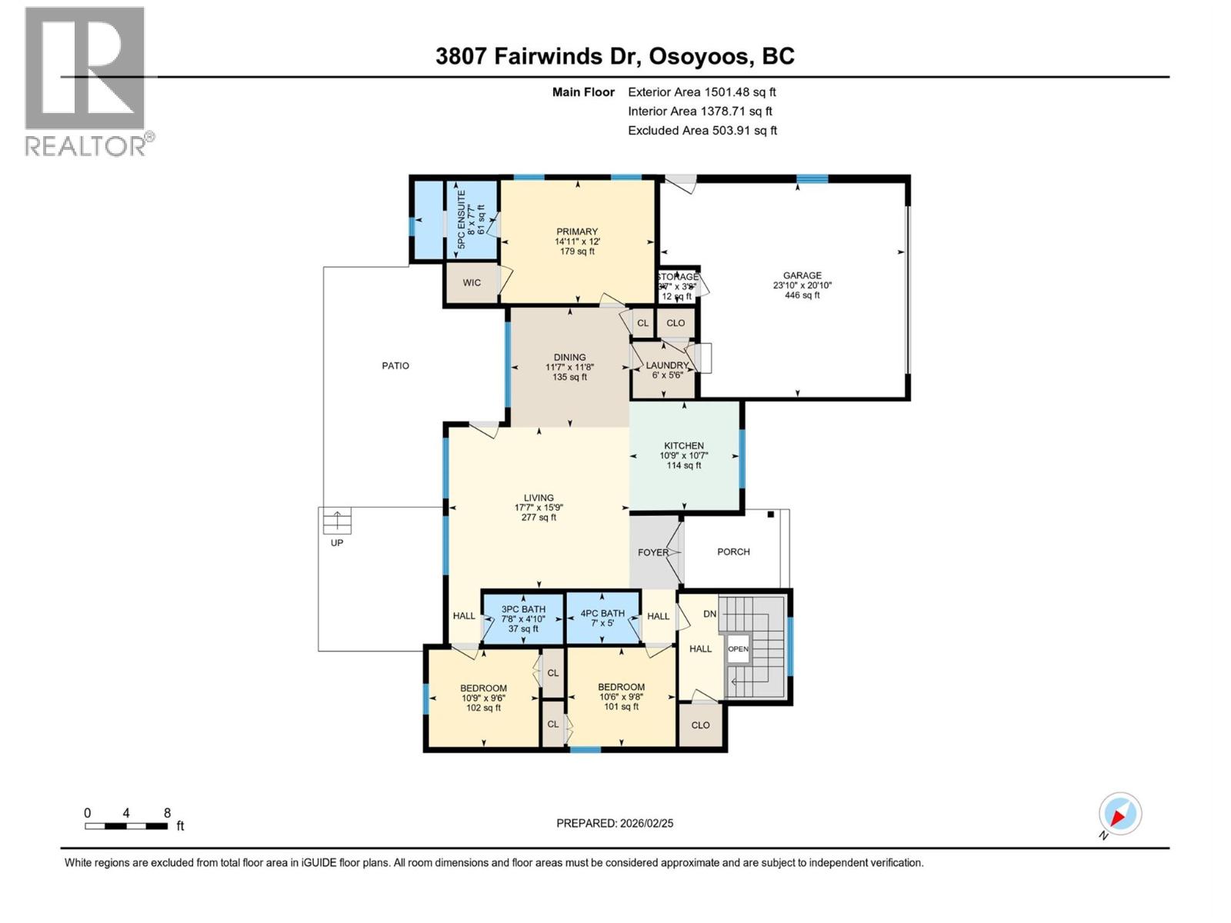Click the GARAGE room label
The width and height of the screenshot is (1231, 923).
pos(802,275)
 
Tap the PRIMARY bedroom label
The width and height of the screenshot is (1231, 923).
pos(577,232)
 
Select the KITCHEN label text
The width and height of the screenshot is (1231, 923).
pos(684,445)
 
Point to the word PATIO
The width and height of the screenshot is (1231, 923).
pos(395,365)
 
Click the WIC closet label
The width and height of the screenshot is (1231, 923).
pos(472,282)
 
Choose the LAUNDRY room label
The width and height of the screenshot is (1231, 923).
pos(666,365)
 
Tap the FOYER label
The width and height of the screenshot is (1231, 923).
pos(652,552)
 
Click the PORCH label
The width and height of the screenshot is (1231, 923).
pos(733,551)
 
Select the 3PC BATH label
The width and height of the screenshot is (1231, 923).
pos(523,609)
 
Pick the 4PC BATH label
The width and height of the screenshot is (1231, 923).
pos(602,613)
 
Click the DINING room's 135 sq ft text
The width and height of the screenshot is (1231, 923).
pos(569,377)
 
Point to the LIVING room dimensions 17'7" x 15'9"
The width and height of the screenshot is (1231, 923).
pos(539,508)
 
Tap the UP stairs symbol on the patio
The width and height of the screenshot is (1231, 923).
pos(337,521)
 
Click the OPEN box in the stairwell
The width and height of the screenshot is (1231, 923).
pos(738,648)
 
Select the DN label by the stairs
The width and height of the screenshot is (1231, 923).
pos(709,613)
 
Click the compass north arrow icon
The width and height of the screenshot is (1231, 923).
pos(1119,814)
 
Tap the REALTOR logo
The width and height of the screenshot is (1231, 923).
pos(85,81)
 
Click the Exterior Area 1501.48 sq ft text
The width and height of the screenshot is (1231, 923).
pos(702,92)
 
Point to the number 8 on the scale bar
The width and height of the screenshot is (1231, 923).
pos(167,813)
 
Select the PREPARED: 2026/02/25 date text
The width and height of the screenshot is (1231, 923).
pos(615,823)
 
